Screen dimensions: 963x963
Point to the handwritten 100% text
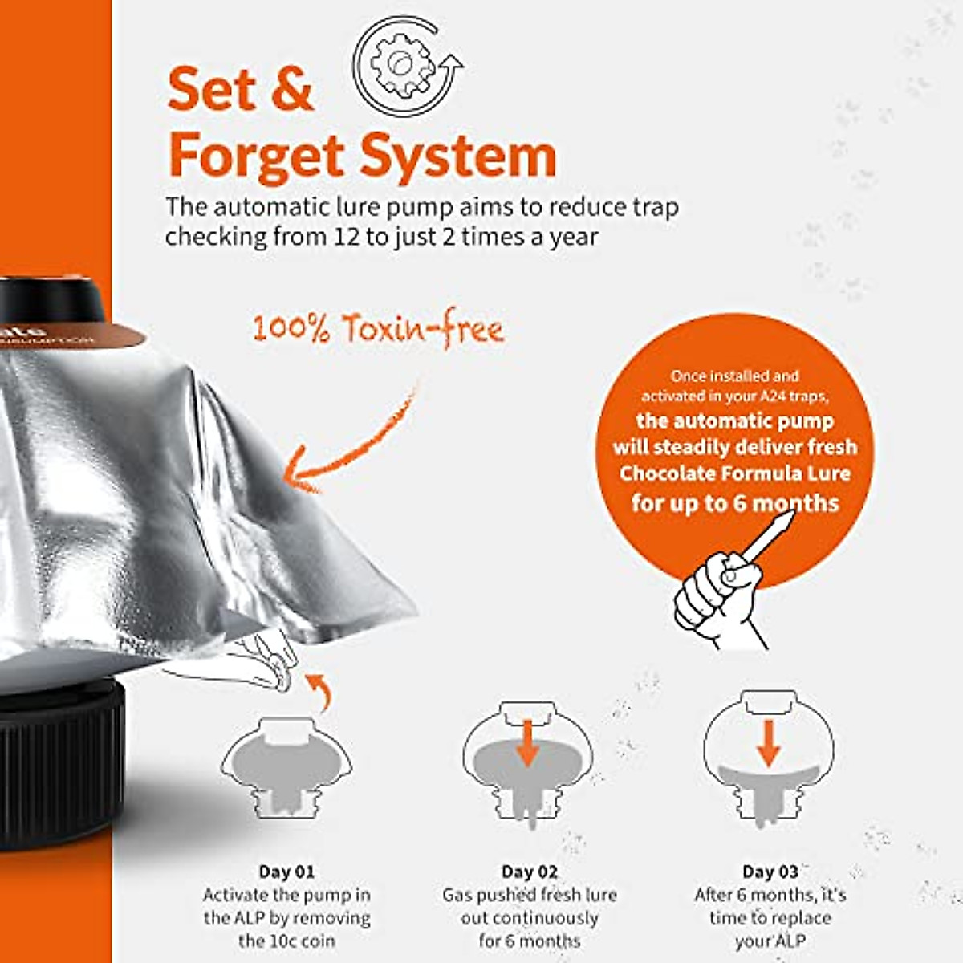click(291, 328)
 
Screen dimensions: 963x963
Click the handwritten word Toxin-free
click(423, 328)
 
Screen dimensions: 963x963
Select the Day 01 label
click(286, 872)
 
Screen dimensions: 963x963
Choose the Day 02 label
click(529, 872)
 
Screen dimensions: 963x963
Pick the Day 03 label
click(770, 872)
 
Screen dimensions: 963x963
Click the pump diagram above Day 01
click(286, 766)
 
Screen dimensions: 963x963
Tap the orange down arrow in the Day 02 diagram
click(527, 742)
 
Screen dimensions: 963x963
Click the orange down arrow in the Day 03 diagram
click(768, 742)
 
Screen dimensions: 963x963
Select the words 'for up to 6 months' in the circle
click(734, 503)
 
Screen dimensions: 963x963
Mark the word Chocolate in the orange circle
click(666, 473)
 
